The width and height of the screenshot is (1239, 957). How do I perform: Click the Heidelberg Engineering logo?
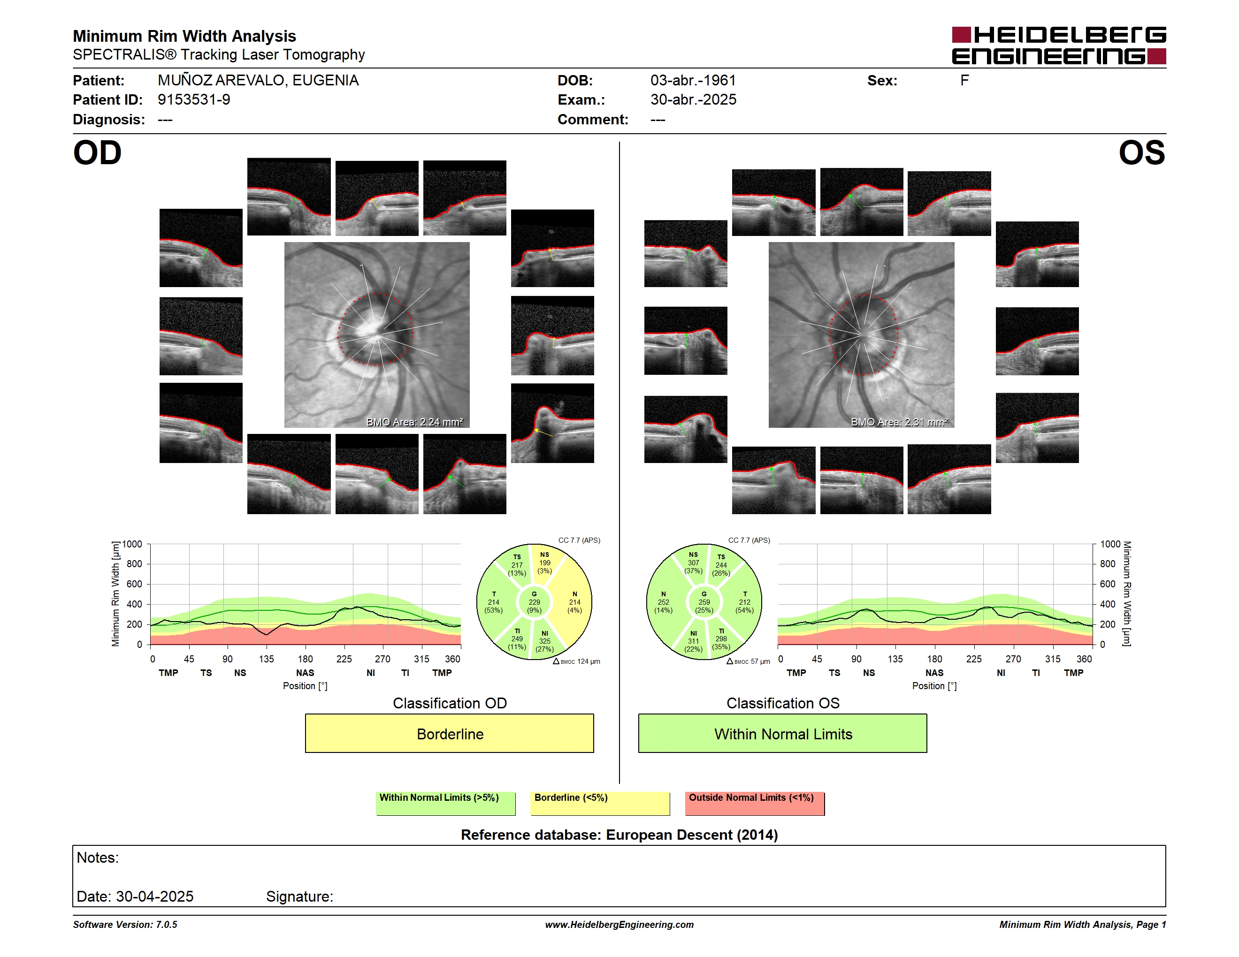coord(1059,46)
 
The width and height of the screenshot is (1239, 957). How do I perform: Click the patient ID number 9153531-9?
coord(194,100)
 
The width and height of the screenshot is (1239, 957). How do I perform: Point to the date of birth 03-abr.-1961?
coord(693,81)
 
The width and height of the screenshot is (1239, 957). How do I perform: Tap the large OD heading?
coord(98,153)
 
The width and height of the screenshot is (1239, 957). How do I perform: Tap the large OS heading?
coord(1141,153)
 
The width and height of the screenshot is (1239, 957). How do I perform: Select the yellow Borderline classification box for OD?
coord(449,733)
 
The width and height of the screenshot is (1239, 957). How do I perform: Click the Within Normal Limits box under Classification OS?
coord(783,733)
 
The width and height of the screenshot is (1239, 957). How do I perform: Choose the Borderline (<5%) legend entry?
coord(600,803)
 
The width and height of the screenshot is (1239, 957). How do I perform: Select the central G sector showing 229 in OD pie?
coord(534,602)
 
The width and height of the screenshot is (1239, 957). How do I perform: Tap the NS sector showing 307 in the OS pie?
coord(693,563)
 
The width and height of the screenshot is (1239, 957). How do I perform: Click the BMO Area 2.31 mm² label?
coord(899,422)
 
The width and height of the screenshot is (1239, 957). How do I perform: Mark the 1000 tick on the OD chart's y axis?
coord(132,544)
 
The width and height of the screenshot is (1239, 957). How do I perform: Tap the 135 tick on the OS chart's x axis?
coord(895,659)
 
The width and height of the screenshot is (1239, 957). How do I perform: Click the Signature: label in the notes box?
coord(299,896)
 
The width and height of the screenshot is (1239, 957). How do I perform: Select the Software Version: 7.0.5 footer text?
coord(125,925)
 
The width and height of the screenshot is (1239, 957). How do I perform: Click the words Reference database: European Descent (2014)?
coord(619,835)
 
